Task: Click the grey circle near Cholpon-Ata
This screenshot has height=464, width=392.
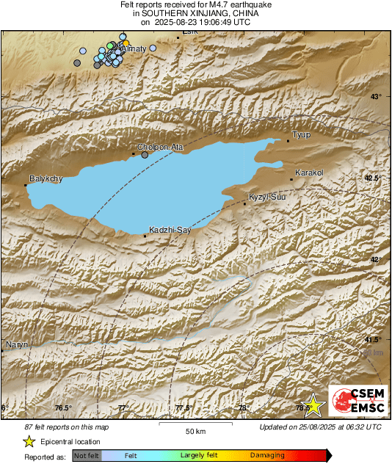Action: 145,155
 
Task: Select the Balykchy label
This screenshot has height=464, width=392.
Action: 46,178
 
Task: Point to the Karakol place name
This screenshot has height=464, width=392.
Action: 309,173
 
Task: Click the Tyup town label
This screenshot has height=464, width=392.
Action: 302,134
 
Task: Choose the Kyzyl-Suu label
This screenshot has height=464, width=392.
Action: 266,197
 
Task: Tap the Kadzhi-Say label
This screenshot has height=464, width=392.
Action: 170,230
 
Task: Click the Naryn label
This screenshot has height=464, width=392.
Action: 16,344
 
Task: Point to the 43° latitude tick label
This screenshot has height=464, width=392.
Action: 376,97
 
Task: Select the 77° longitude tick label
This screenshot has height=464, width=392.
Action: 123,408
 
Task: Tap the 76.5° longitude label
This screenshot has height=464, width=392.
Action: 63,408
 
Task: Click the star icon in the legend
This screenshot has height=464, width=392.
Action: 29,441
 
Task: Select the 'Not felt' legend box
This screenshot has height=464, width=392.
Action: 87,455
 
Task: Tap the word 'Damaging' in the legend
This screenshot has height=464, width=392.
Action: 267,455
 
